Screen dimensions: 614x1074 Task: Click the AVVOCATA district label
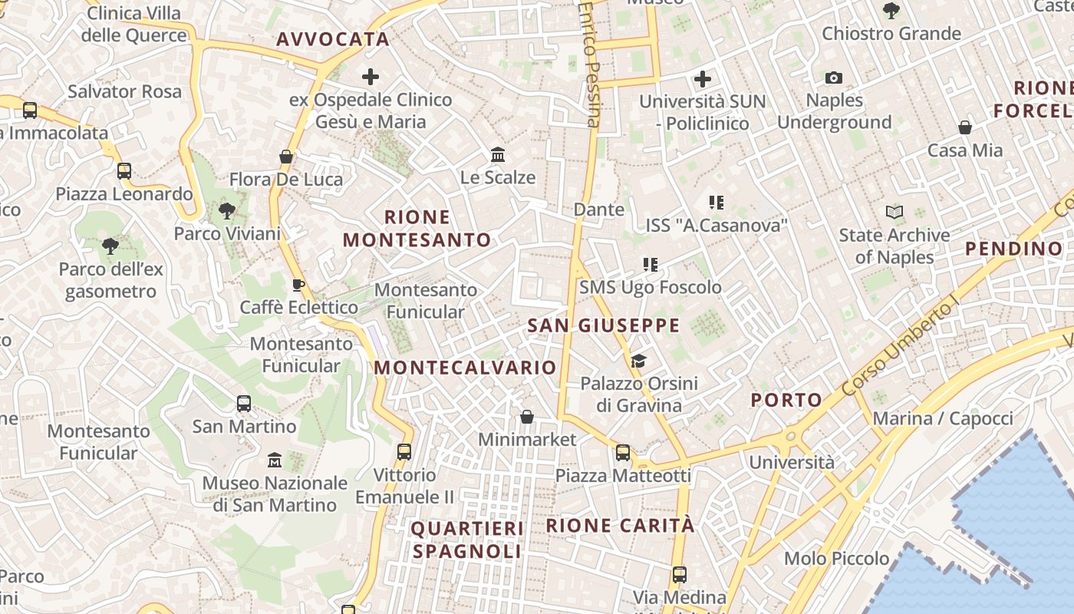coord(333,39)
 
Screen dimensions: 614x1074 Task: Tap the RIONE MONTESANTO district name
coord(417,228)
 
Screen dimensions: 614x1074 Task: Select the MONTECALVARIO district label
coord(465,367)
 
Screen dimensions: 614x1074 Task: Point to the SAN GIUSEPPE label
coord(604,325)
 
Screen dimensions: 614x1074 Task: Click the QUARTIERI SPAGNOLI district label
coord(467,540)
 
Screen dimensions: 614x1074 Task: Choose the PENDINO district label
coord(1013,248)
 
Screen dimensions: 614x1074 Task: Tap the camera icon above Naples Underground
coord(834,78)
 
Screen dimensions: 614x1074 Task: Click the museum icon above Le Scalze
coord(498,155)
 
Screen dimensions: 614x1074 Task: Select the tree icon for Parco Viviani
coord(226,210)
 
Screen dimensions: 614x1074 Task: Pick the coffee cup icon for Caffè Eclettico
coord(298,286)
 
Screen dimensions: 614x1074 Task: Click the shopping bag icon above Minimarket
coord(527,417)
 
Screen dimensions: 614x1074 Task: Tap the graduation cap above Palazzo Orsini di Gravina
coord(638,361)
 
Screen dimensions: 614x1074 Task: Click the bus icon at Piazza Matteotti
coord(623,453)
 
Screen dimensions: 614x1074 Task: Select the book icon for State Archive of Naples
coord(894,212)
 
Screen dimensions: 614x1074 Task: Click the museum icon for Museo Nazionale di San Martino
coord(275,460)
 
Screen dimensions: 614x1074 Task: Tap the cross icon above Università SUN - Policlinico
coord(703,78)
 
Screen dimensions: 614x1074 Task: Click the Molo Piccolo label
coord(836,558)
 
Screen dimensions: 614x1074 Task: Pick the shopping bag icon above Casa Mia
coord(965,127)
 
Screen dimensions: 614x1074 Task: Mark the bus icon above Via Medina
coord(679,574)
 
